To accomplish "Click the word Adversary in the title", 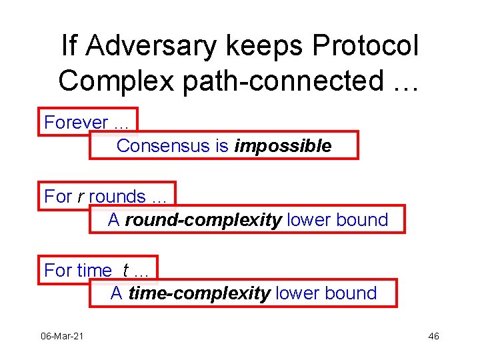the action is [151, 46].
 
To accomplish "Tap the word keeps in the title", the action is [264, 47].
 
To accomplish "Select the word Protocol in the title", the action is [365, 45].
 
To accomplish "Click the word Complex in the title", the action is [116, 81].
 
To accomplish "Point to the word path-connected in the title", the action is [283, 81].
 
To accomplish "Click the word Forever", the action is [76, 122].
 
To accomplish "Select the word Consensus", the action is [163, 145].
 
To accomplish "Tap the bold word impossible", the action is [283, 146].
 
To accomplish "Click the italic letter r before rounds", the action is [81, 197].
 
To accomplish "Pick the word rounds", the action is [117, 196].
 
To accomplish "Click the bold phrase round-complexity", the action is [203, 220].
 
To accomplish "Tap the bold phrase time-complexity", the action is [199, 293].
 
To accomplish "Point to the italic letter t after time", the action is [125, 270].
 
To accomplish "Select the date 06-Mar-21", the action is [62, 336].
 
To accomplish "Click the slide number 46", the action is [433, 336].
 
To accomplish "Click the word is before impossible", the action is [222, 145].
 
